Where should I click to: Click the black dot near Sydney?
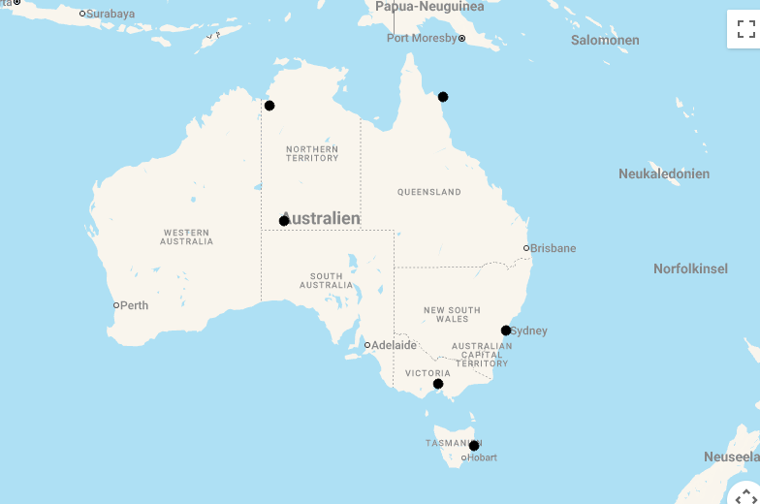pos(506,331)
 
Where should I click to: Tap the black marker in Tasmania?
pos(474,446)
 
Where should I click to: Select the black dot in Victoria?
pos(438,384)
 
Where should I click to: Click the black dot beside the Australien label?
pos(284,221)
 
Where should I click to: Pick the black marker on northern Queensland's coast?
pos(443,97)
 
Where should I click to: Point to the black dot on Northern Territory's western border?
pos(269,106)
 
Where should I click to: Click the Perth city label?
pos(134,305)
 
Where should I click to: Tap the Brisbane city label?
pos(553,248)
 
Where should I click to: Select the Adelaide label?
pos(394,345)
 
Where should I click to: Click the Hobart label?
pos(482,457)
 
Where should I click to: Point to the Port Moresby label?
pos(422,38)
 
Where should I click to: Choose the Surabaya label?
pos(111,14)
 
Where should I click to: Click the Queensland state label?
pos(429,192)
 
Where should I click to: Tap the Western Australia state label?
pos(187,236)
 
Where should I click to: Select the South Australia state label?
pos(327,281)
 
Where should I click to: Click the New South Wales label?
pos(452,314)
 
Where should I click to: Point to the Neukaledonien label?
pos(664,174)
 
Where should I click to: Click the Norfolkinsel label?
pos(690,268)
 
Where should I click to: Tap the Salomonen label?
pos(605,41)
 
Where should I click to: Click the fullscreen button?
pos(745,29)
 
